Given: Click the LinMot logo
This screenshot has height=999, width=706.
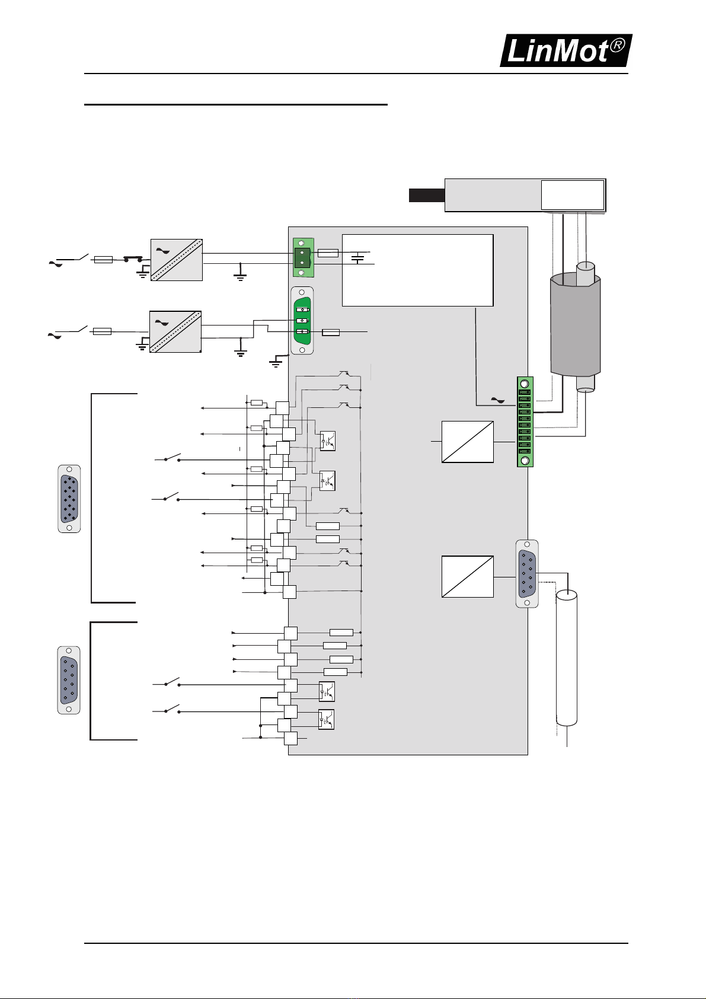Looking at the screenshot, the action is [x=566, y=50].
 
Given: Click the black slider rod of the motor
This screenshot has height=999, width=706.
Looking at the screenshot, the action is [x=427, y=195].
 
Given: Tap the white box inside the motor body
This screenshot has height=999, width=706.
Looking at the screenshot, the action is [x=573, y=195].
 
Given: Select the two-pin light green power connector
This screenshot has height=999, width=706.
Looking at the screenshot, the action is [x=304, y=257].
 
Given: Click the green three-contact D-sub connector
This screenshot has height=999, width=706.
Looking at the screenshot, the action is [x=302, y=321].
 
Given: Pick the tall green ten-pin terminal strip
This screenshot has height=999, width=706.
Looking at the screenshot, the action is [x=525, y=422].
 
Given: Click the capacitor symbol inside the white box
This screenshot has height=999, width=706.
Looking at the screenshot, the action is [x=357, y=258].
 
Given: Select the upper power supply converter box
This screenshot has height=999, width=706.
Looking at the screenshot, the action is [x=177, y=260].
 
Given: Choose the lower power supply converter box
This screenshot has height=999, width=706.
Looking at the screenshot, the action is [x=175, y=332].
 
